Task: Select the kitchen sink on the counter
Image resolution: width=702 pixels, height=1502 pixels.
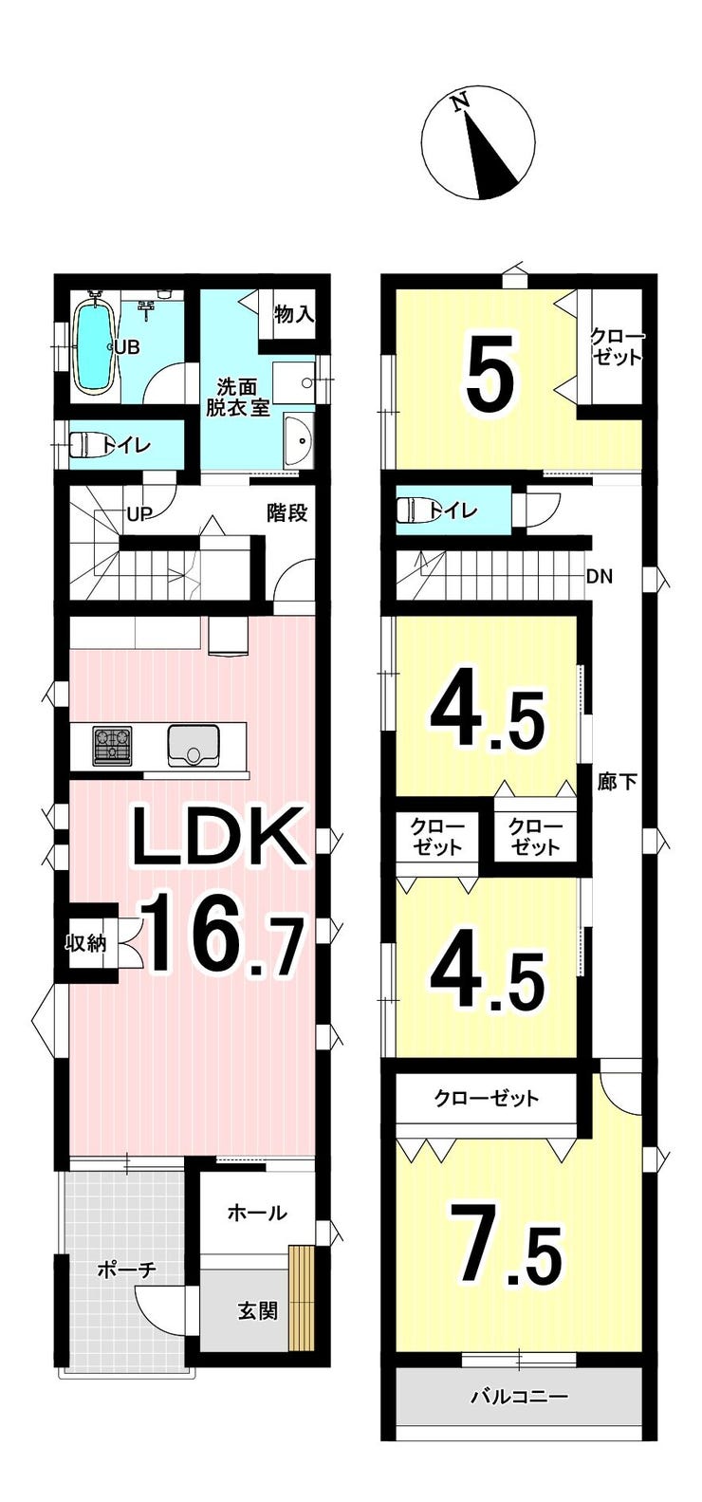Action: [194, 747]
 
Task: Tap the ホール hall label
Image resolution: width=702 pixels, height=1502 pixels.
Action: [257, 1212]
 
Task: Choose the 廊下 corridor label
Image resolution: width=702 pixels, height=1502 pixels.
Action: [617, 781]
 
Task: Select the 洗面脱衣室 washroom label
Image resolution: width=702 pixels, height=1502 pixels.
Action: [237, 398]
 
